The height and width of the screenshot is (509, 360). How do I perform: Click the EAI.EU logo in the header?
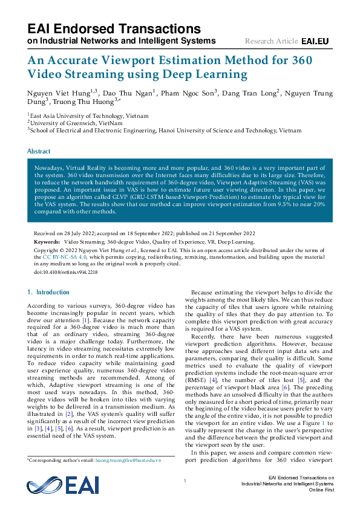click(x=315, y=41)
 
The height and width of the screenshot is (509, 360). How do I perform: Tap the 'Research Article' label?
click(x=271, y=41)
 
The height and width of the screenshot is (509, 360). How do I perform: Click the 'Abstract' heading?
click(x=39, y=151)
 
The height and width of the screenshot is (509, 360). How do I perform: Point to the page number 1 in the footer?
click(x=184, y=480)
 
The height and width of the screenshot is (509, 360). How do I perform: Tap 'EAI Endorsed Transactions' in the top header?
click(x=114, y=28)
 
